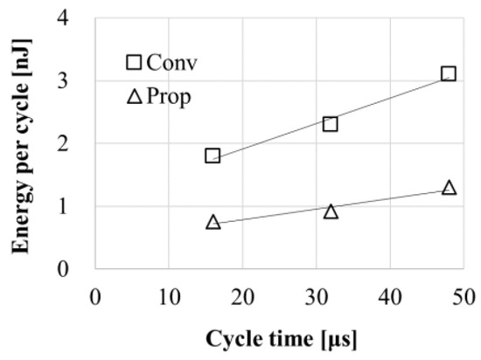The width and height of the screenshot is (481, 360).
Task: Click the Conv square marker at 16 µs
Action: click(213, 156)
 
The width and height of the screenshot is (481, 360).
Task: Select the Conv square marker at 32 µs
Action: click(331, 123)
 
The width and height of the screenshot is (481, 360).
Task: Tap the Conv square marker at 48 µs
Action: click(449, 73)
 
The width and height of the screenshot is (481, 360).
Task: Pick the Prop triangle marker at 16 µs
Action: click(213, 222)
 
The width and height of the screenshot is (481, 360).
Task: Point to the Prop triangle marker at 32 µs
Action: click(331, 211)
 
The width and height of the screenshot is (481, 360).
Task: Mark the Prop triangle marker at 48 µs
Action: click(449, 188)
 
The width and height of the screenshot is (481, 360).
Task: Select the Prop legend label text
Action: click(170, 96)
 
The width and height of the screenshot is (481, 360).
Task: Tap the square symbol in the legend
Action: click(134, 62)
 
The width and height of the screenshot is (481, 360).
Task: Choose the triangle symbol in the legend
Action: click(134, 96)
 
